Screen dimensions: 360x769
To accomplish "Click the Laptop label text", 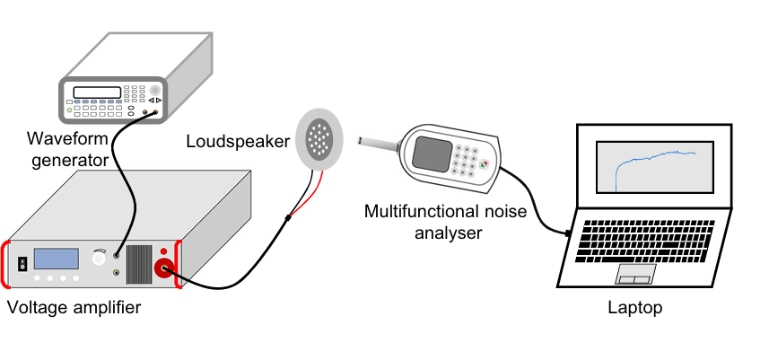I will click(x=635, y=308).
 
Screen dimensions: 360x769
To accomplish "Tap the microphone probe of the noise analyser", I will click(x=378, y=141).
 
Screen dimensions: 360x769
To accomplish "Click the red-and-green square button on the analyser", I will click(x=485, y=164).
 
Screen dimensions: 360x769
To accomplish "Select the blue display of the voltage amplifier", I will click(x=57, y=259).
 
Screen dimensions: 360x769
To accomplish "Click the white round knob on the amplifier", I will click(x=98, y=259).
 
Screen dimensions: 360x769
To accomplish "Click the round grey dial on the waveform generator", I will click(x=156, y=90).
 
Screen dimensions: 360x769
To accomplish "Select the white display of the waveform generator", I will click(x=97, y=92).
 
